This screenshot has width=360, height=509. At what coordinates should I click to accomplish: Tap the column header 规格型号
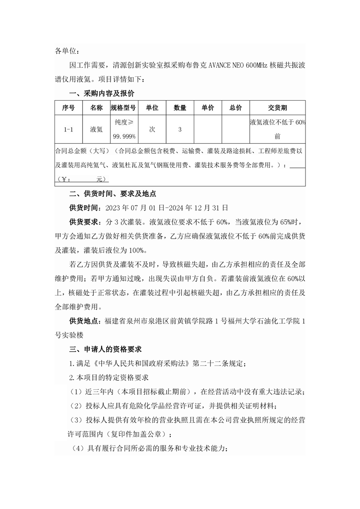pos(123,108)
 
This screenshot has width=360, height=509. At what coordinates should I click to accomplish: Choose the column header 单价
pos(207,108)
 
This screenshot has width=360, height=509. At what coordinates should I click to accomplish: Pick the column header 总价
pos(236,108)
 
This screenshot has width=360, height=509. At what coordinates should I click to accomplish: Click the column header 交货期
pos(277,108)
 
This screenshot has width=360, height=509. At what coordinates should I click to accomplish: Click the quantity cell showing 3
pos(180,129)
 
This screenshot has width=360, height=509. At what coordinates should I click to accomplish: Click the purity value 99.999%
pos(123,136)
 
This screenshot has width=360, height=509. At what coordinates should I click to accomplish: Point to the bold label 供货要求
pos(83,222)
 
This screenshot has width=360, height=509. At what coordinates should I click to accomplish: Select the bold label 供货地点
pos(83,321)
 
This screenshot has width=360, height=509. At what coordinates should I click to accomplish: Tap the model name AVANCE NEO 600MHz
pos(238,65)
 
